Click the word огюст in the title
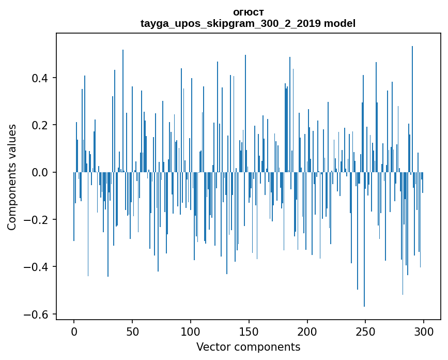[x=248, y=12]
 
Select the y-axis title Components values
[x=12, y=177]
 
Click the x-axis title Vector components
[x=248, y=347]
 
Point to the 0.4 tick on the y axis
[x=42, y=78]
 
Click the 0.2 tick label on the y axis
[x=42, y=125]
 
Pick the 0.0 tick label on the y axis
[x=42, y=172]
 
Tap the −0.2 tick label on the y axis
[x=38, y=220]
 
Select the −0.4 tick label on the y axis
[x=38, y=267]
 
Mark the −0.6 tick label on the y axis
[x=38, y=314]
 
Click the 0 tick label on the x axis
[x=74, y=332]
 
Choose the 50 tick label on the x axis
[x=132, y=332]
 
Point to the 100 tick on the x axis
[x=191, y=332]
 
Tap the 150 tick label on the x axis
[x=249, y=332]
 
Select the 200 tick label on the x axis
[x=307, y=332]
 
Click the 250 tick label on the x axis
[x=366, y=332]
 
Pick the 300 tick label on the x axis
[x=424, y=332]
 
